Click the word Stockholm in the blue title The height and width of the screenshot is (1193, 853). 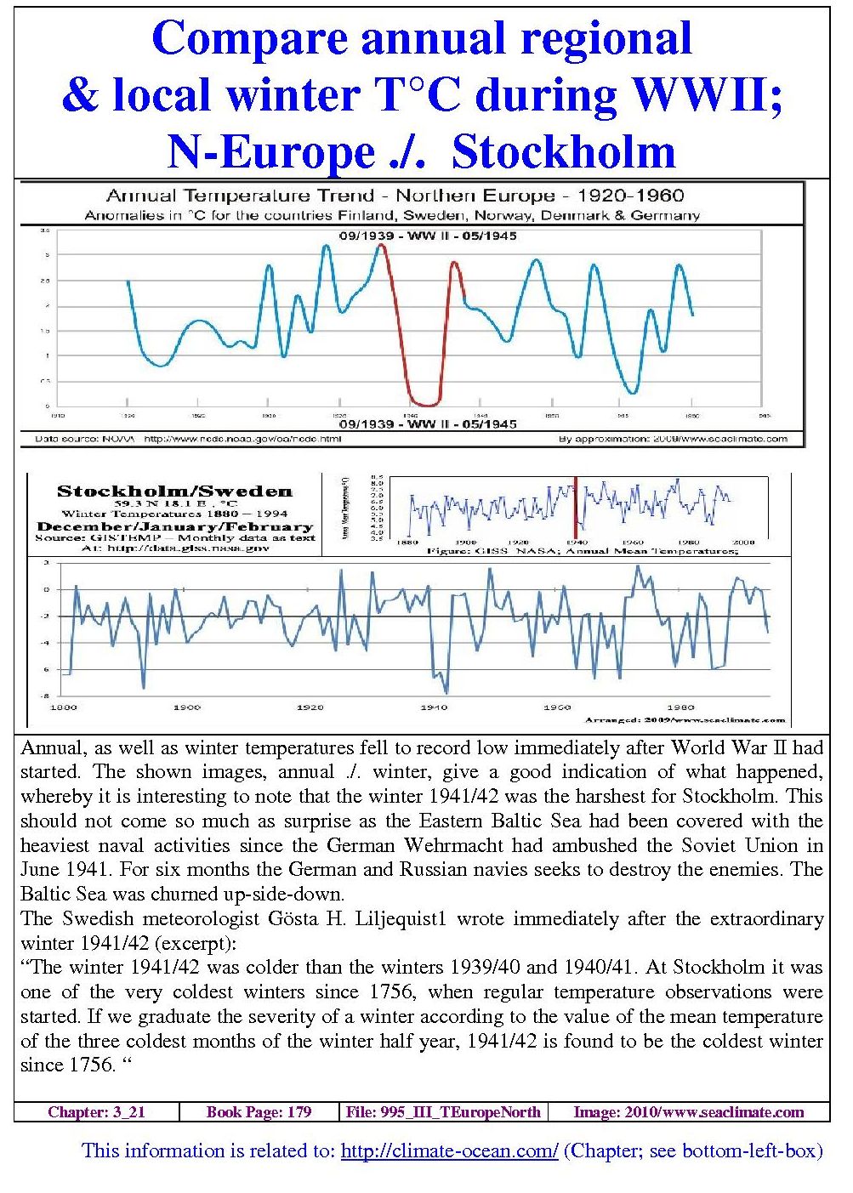tap(564, 153)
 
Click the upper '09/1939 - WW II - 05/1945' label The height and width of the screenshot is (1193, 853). tap(428, 236)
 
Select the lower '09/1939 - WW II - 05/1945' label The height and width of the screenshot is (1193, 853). tap(428, 423)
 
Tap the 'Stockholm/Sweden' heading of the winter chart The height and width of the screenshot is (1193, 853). tap(174, 491)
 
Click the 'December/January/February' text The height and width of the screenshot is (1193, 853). tap(174, 526)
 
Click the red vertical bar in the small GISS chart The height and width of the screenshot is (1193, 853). tap(576, 508)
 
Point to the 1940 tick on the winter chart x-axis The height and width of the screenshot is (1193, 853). tap(434, 707)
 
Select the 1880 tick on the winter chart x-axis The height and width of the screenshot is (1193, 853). tap(64, 707)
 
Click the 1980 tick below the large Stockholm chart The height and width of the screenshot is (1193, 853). tap(680, 707)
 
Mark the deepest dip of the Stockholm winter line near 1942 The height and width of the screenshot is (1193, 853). tap(447, 692)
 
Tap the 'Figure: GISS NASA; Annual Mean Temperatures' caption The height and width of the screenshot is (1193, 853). tap(583, 552)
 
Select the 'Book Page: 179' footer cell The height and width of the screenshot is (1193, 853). tap(259, 1112)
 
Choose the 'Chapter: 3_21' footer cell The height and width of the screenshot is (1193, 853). tap(96, 1112)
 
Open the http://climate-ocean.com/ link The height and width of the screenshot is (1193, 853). tap(449, 1151)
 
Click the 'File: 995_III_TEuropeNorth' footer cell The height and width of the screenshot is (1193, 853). tap(443, 1112)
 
